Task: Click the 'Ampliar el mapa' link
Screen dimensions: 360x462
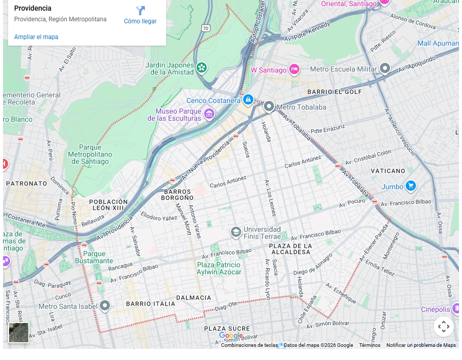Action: point(36,37)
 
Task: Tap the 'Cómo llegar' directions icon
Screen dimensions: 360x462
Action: point(140,11)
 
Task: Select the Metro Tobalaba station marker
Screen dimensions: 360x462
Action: point(269,106)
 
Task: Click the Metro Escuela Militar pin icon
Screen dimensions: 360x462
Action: point(385,68)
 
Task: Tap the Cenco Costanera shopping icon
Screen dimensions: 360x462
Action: point(248,100)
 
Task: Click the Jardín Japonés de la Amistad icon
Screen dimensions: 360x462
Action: point(202,67)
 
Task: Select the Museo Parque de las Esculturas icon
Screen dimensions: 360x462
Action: point(209,115)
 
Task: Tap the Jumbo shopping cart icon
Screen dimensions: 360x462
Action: point(411,186)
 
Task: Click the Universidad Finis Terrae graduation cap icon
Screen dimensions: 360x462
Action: point(236,232)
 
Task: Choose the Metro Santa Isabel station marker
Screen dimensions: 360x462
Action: point(105,306)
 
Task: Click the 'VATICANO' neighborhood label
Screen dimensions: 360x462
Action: point(388,171)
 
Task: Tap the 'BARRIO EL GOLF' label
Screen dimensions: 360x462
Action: point(335,92)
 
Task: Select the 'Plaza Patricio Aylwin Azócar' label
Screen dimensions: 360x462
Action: point(219,268)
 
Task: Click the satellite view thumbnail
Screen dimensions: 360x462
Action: point(19,333)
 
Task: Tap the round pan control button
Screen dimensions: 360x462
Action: point(443,326)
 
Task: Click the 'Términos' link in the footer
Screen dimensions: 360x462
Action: point(369,345)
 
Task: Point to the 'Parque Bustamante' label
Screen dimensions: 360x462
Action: point(94,257)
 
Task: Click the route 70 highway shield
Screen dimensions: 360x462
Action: point(205,28)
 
